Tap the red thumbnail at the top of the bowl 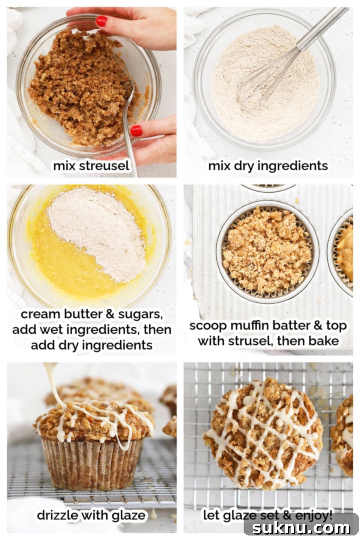[x=101, y=21]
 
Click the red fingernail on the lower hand [x=136, y=130]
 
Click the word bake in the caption [x=325, y=341]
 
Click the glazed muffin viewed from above [x=264, y=432]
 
